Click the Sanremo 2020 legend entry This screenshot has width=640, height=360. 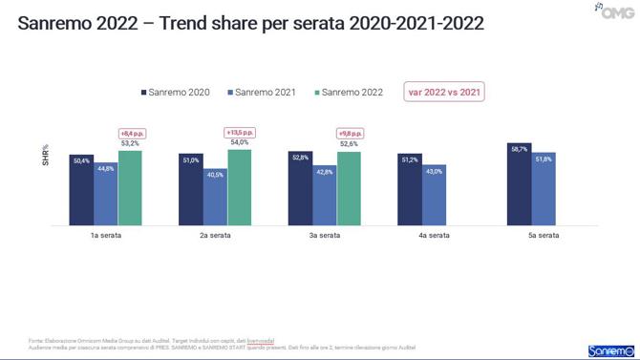[x=176, y=92]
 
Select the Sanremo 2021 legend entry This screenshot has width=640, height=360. [x=263, y=92]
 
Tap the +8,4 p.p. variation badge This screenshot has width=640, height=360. [x=130, y=133]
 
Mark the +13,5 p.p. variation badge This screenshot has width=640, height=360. [x=239, y=132]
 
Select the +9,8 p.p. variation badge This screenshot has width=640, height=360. [x=350, y=134]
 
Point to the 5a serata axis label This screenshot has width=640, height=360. [x=532, y=234]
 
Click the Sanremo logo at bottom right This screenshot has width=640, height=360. [x=608, y=349]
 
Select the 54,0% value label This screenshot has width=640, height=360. [x=239, y=143]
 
